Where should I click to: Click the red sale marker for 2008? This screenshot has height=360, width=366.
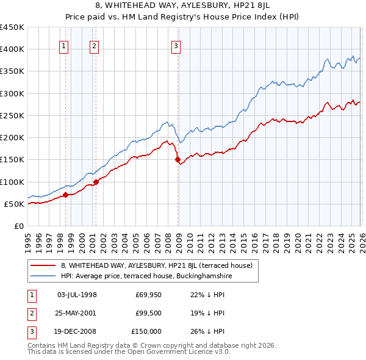pyautogui.click(x=178, y=160)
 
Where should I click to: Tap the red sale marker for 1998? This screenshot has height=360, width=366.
pyautogui.click(x=65, y=195)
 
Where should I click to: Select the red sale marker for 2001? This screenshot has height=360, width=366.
pyautogui.click(x=96, y=182)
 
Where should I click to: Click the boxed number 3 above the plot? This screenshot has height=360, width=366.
pyautogui.click(x=176, y=45)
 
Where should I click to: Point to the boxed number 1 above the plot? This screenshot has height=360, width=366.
pyautogui.click(x=63, y=45)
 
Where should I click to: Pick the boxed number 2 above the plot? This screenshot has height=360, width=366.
pyautogui.click(x=94, y=45)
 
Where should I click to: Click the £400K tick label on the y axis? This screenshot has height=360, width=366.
pyautogui.click(x=12, y=49)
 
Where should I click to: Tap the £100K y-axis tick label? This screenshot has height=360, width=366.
pyautogui.click(x=12, y=182)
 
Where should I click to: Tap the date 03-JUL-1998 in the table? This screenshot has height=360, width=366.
pyautogui.click(x=77, y=295)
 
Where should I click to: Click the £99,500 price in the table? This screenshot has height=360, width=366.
pyautogui.click(x=148, y=313)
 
